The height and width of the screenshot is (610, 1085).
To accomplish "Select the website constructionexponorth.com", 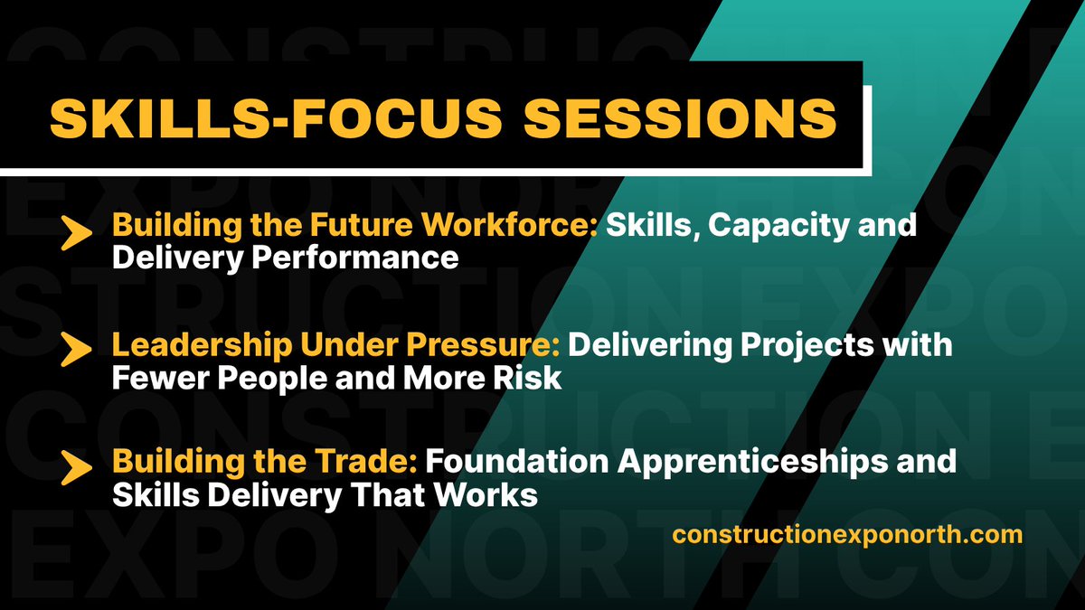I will coord(847,534).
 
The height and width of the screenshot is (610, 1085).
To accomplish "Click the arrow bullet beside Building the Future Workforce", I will coord(79,234).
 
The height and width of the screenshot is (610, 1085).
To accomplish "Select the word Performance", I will coord(354,258).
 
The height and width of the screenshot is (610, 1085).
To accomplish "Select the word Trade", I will coord(373,462).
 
